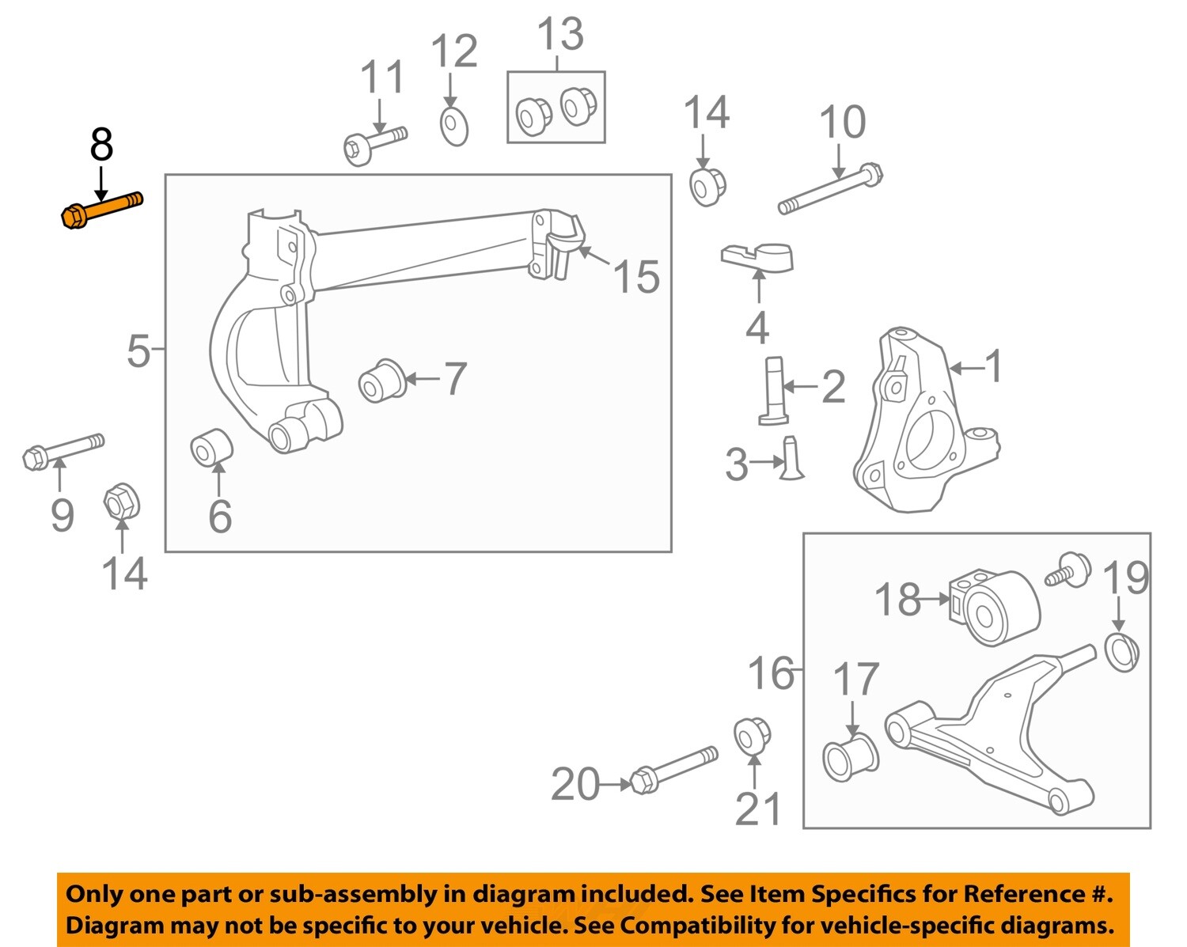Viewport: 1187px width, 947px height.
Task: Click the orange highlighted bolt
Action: coord(101,210)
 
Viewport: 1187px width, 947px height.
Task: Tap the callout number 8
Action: coord(101,145)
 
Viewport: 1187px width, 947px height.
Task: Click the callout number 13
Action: coord(559,34)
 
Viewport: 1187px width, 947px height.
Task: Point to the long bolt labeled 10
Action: coord(831,188)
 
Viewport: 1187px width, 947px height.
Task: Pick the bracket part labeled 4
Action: coord(757,258)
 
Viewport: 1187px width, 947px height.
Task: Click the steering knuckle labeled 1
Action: coord(925,419)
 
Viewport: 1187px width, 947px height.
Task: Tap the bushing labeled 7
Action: coord(382,381)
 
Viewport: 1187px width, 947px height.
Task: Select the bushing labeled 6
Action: coord(212,448)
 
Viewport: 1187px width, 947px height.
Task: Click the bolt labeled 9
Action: coord(63,452)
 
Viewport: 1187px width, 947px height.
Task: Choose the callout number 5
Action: coord(138,350)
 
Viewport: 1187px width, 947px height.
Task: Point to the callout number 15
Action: coord(636,277)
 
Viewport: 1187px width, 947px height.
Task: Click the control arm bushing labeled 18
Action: coord(995,608)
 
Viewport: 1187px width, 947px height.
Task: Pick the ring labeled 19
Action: coord(1122,653)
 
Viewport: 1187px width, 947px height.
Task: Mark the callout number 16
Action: coord(771,673)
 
